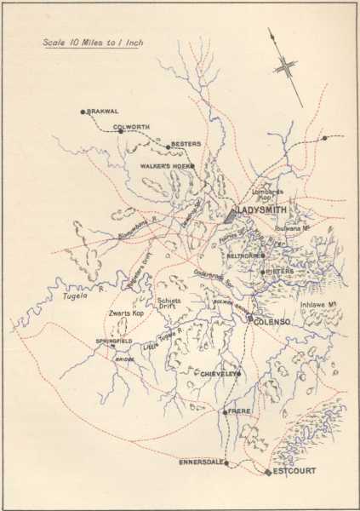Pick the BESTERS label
pos(186,144)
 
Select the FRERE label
pos(237,411)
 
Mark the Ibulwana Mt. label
pos(297,228)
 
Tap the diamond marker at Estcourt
pos(268,472)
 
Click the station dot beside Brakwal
pos(83,112)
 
